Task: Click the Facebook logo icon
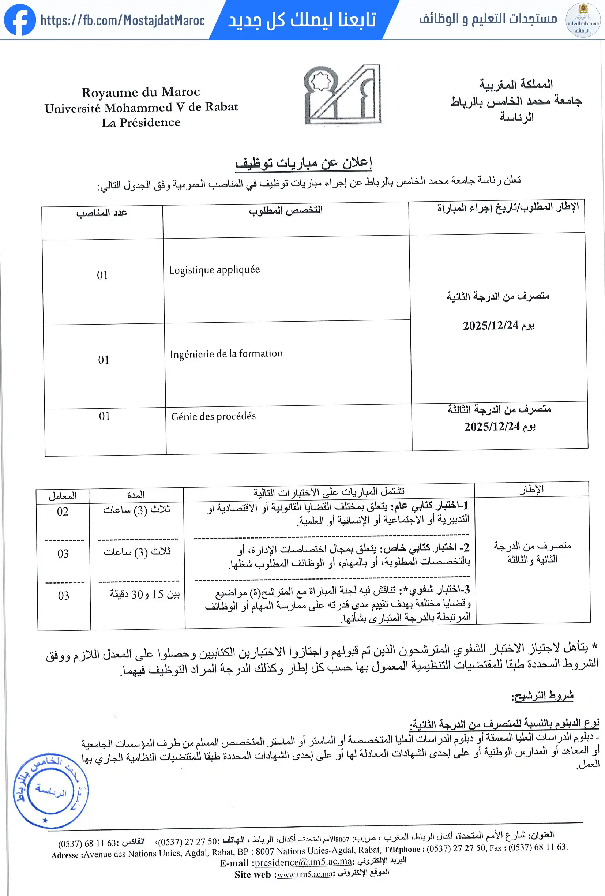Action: [x=20, y=20]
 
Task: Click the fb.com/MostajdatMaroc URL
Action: [x=122, y=20]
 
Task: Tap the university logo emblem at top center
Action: [x=343, y=95]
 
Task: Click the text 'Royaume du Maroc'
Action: [x=141, y=92]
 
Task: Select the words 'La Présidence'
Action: [x=141, y=123]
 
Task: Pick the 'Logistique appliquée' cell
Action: [x=215, y=270]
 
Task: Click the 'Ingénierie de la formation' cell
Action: [x=226, y=353]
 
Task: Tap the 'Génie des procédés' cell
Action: [x=214, y=416]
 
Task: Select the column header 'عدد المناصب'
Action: [x=102, y=213]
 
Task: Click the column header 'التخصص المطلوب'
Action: [x=286, y=210]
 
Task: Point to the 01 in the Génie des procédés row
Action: [x=104, y=416]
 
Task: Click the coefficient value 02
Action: [x=63, y=511]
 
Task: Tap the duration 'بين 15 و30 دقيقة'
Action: [x=144, y=594]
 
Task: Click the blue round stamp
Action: [x=50, y=790]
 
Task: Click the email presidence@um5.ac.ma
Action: [x=303, y=862]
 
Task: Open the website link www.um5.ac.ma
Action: [x=305, y=874]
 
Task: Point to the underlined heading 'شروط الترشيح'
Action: [x=542, y=695]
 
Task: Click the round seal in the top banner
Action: [x=583, y=20]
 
